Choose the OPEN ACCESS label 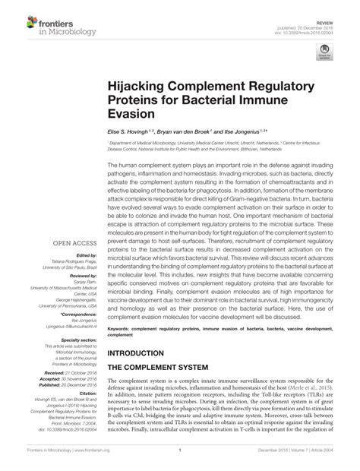point(71,244)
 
